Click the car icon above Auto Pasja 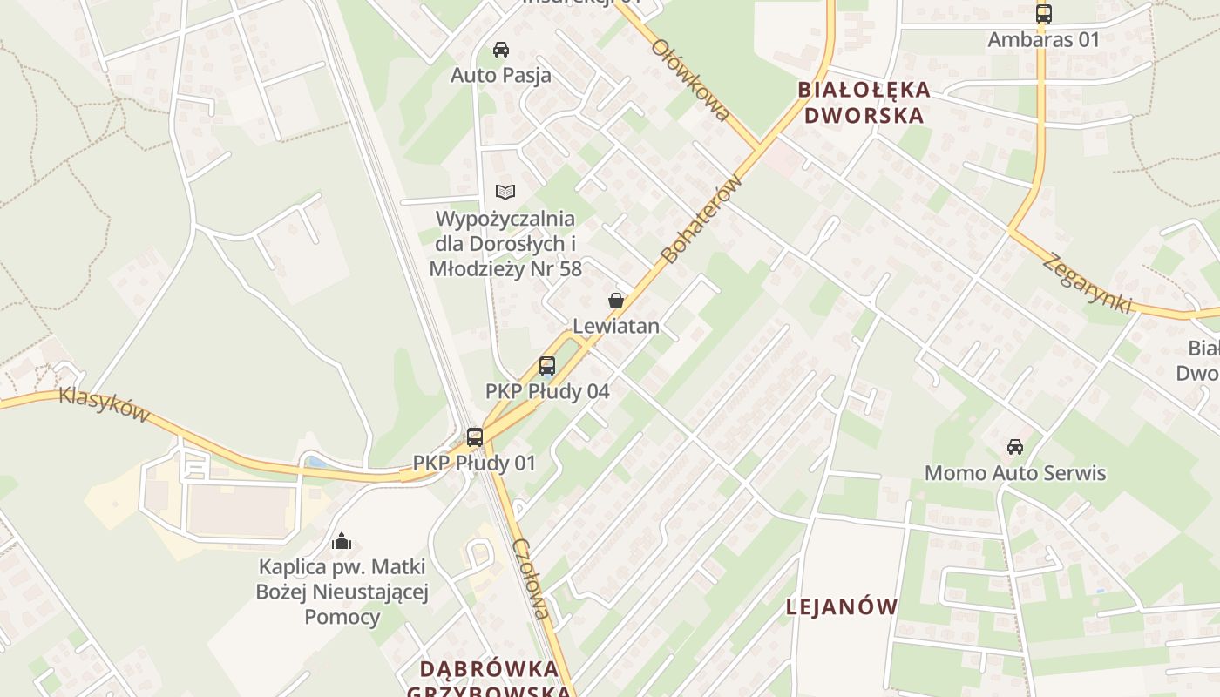tap(501, 50)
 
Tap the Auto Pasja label tap(501, 76)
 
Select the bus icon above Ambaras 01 tap(1043, 14)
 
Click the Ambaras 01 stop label tap(1043, 39)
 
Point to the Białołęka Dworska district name tap(864, 102)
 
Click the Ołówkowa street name tap(689, 79)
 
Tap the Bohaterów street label tap(701, 219)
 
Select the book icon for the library tap(505, 192)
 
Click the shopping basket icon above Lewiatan tap(616, 301)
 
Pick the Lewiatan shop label tap(616, 327)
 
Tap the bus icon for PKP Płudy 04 tap(547, 366)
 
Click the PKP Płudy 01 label tap(474, 463)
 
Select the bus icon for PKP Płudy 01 tap(474, 437)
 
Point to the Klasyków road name tap(104, 405)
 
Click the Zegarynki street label tap(1088, 283)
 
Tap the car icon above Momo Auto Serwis tap(1015, 448)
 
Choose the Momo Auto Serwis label tap(1015, 473)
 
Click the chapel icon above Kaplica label tap(342, 542)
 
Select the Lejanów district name tap(841, 607)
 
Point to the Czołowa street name tap(532, 579)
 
